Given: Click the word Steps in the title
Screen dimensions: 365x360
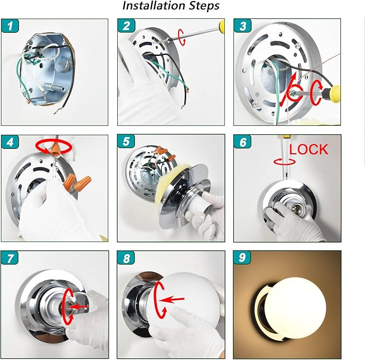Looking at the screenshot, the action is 204,5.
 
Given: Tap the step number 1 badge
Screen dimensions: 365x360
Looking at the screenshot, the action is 10,26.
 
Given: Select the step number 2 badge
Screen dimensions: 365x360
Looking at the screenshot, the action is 126,25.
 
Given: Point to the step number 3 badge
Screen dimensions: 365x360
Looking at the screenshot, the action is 242,25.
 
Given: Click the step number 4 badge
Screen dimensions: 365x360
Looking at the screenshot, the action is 10,141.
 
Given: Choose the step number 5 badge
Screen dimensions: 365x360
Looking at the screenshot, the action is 126,141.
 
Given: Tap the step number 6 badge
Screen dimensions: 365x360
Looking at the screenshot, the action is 242,141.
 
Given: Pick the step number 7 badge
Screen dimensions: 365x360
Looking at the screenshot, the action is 9,257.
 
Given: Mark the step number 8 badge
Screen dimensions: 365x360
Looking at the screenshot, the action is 126,257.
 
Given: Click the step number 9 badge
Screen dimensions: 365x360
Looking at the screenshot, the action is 242,257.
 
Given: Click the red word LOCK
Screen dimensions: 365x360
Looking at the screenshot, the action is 309,149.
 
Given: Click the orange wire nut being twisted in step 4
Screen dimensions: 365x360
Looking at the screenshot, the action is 55,148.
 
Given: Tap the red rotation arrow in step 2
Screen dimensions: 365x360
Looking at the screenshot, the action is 182,37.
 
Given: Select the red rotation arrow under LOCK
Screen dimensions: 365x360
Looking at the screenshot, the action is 285,162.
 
